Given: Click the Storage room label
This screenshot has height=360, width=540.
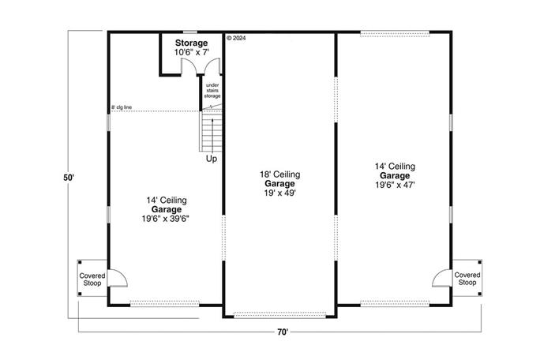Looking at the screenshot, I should pos(192,43).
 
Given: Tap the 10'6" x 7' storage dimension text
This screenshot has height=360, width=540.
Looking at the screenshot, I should pos(192,52).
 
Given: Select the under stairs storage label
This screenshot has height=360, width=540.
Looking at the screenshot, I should pos(212,91).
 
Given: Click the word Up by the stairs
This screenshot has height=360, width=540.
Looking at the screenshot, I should pos(212,159).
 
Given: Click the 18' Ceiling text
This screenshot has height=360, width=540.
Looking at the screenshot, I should pos(280,174).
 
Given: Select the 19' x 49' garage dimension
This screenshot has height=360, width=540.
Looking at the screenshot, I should pos(280,193).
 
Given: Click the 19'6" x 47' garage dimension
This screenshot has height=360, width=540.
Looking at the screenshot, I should pos(396,185).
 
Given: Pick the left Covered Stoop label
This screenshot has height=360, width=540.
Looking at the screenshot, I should pos(92,279).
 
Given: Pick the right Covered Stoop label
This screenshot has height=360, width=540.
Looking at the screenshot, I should pos(467,279).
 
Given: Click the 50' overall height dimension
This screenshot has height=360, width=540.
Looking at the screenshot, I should pos(69,178).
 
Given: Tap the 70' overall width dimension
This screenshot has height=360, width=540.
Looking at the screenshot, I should pos(283,332).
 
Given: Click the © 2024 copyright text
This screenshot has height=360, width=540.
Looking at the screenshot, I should pos(237,37).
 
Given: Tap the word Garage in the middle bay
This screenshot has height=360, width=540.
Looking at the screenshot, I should pos(280,183).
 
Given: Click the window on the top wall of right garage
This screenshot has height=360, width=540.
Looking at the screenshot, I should pos(395,32).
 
